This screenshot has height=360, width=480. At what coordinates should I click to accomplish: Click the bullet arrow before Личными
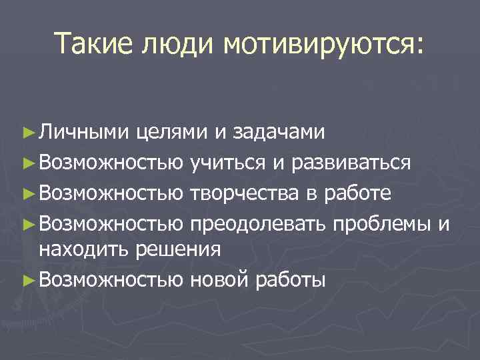[27, 133]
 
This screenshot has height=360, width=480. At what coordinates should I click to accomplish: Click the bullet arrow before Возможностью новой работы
[27, 279]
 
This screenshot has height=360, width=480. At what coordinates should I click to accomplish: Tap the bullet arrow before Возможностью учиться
[27, 162]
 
